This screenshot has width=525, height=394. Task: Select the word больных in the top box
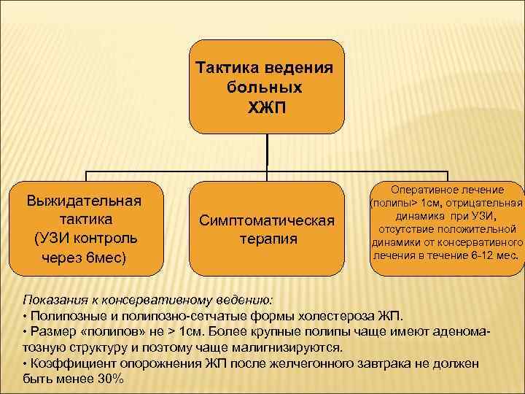(265, 88)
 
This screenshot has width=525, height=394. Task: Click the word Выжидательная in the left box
(84, 200)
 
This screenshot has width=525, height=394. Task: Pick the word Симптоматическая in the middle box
(266, 220)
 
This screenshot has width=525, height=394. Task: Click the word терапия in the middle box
(266, 239)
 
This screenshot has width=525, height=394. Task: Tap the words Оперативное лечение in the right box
(448, 190)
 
